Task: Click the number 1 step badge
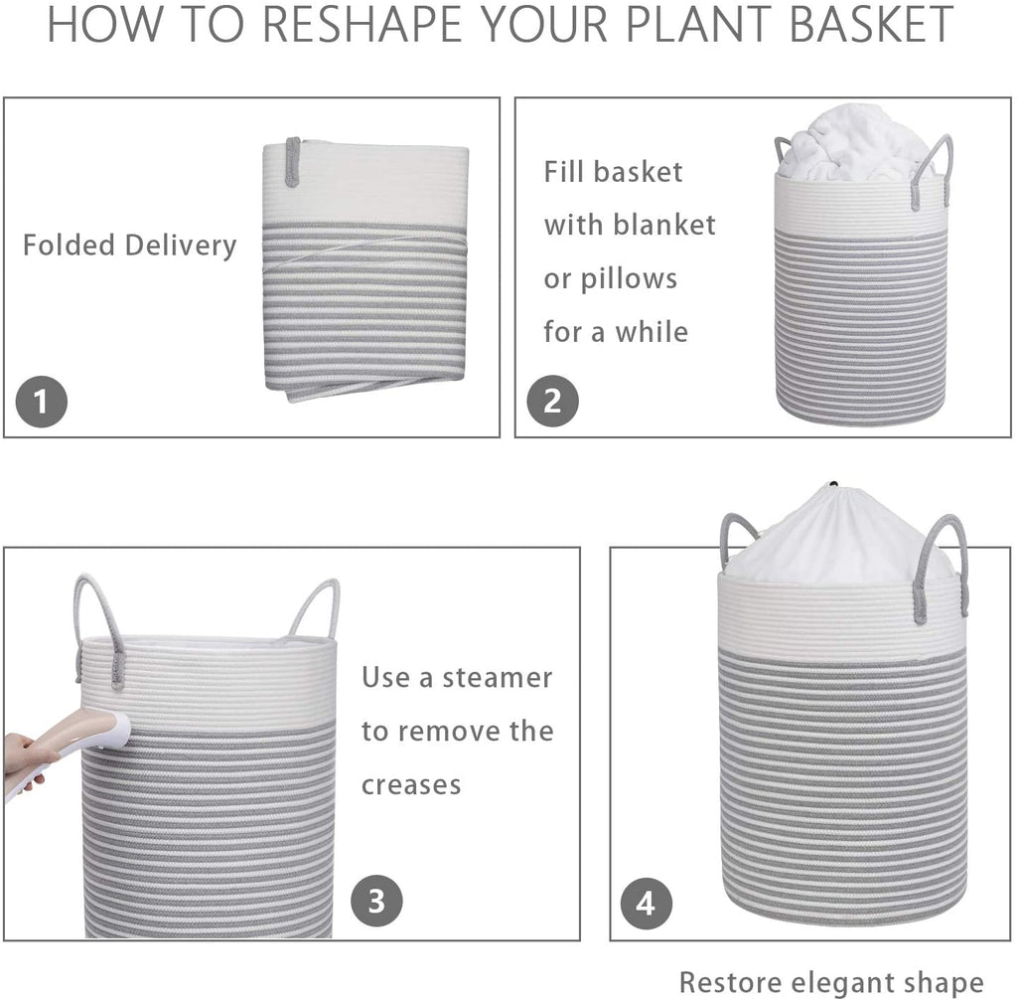coord(42,402)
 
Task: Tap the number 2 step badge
coord(552,401)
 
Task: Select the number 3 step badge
coord(376,901)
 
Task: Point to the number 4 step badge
coord(646,903)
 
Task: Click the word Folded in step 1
coord(69,246)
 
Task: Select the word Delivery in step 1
coord(181,247)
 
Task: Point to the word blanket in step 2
coord(664,225)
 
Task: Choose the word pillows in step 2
coord(629,279)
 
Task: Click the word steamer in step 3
coord(498,678)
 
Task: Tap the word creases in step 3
coord(411,785)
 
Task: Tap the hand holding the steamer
coord(26,762)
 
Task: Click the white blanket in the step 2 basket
coord(857,143)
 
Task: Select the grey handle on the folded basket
coord(293,162)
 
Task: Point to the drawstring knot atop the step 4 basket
coord(833,485)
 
